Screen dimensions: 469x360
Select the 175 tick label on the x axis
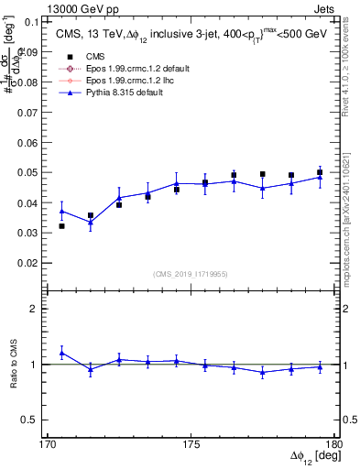[191, 444]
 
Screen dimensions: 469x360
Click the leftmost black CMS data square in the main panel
[61, 225]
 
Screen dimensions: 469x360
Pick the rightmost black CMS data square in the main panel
[320, 172]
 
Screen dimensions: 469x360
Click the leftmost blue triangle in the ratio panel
[61, 353]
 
